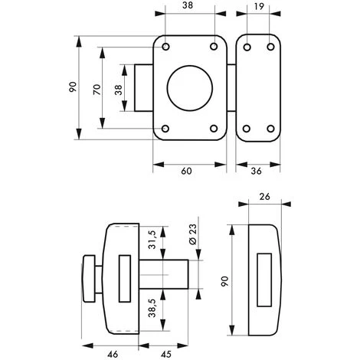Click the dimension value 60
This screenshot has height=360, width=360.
[186, 171]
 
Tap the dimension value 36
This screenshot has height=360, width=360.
[256, 171]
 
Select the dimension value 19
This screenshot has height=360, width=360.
[259, 7]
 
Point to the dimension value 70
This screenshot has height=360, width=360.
[97, 90]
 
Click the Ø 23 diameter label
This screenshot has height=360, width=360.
[193, 234]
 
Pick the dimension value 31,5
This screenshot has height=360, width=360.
[152, 240]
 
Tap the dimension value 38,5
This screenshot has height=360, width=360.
[152, 308]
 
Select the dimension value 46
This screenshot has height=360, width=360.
[113, 354]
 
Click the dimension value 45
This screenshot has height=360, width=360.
[166, 354]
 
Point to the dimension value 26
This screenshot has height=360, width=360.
[264, 197]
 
